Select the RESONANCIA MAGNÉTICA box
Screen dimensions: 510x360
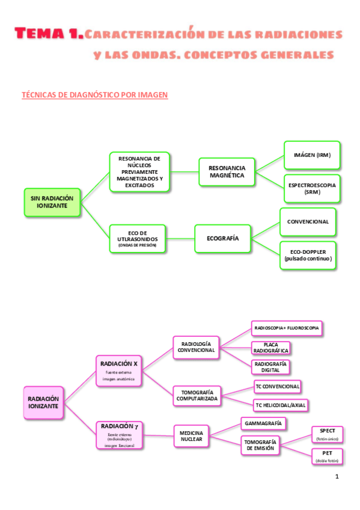click(227, 171)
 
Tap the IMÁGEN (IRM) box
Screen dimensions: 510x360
click(312, 155)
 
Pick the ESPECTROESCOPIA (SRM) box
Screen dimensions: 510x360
click(312, 189)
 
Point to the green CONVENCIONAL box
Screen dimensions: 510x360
click(308, 222)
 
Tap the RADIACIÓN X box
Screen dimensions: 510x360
click(119, 371)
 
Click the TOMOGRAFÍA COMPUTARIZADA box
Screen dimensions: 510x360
click(197, 395)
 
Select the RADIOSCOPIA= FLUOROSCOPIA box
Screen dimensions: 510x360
click(287, 328)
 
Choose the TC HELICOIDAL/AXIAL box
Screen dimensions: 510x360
click(280, 405)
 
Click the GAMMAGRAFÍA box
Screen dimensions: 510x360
click(263, 423)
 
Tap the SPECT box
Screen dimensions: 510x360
click(328, 434)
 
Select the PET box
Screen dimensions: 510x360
click(328, 456)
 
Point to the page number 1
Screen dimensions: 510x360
click(337, 477)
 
